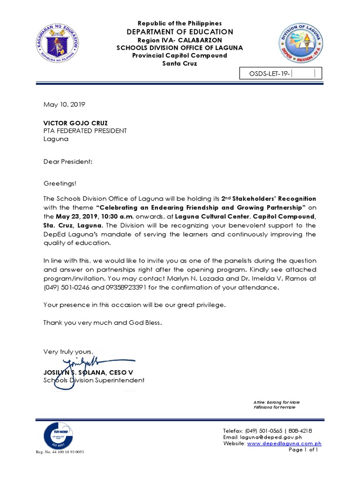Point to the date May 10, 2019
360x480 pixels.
[x=64, y=105]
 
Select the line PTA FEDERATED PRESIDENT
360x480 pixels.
[x=85, y=131]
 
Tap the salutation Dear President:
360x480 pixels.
[x=68, y=161]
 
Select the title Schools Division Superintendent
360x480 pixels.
[x=94, y=380]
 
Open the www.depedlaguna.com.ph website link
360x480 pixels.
[x=284, y=443]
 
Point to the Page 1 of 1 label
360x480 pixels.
[x=304, y=450]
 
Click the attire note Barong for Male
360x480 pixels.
[x=277, y=402]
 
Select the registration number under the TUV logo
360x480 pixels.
[x=60, y=452]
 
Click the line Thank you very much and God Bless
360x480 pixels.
[x=103, y=322]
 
